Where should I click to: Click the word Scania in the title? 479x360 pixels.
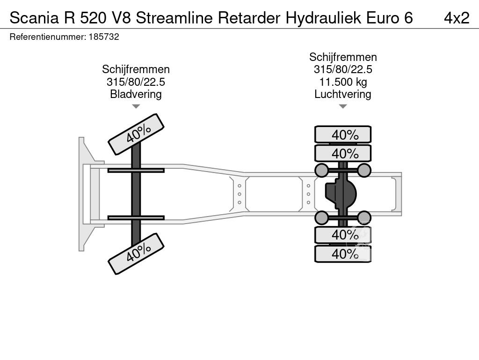34,18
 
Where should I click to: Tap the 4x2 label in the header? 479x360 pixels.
457,18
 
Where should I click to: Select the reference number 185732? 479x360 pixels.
104,37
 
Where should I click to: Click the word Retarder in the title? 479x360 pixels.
249,18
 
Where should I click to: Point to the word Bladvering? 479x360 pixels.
136,94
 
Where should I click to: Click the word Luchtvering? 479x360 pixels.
343,94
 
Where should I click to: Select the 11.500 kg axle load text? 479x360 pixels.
343,82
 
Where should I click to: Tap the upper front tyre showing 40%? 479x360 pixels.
136,134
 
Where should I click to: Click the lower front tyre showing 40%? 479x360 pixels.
136,254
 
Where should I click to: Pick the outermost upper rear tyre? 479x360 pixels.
343,135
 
